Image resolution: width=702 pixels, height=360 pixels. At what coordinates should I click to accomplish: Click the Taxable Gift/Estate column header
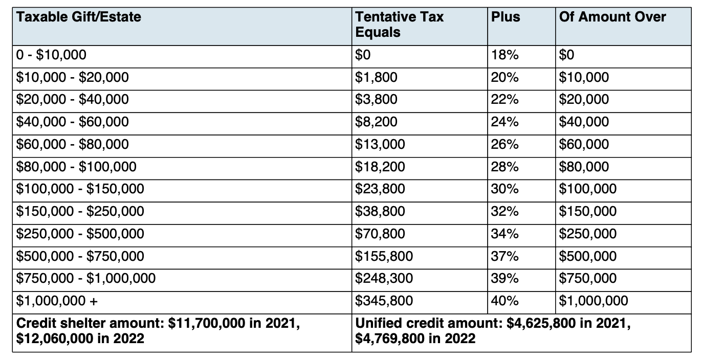click(78, 17)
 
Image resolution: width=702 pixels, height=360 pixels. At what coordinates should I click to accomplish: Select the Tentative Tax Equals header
click(399, 25)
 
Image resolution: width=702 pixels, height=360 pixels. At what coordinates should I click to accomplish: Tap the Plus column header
click(506, 17)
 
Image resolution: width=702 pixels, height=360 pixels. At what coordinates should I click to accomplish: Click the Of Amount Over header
click(612, 17)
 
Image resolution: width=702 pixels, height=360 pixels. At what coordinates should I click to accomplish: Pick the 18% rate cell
click(504, 55)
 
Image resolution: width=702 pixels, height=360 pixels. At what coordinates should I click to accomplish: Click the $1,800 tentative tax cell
click(376, 77)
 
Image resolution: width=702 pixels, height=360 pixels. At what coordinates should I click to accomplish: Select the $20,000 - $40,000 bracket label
click(72, 100)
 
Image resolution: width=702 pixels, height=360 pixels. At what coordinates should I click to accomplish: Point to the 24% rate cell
click(504, 122)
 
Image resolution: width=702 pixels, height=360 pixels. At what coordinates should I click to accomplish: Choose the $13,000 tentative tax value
click(380, 144)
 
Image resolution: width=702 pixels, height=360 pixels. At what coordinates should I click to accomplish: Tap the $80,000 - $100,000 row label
click(76, 167)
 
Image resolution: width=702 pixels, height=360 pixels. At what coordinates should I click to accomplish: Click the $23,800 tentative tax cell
click(380, 189)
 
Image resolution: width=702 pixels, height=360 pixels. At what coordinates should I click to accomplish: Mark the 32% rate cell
click(504, 212)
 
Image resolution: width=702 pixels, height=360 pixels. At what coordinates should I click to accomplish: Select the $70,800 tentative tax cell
click(380, 234)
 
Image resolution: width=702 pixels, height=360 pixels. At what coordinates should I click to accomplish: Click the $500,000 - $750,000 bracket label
click(80, 256)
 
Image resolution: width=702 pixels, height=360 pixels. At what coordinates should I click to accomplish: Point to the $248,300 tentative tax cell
click(384, 278)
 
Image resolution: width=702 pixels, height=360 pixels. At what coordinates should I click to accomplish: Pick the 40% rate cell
click(504, 301)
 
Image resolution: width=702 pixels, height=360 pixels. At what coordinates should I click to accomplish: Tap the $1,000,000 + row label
click(57, 301)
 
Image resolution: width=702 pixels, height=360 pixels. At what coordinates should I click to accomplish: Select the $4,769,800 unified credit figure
click(391, 339)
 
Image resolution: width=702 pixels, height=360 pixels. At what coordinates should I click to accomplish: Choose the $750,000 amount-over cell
click(587, 278)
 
